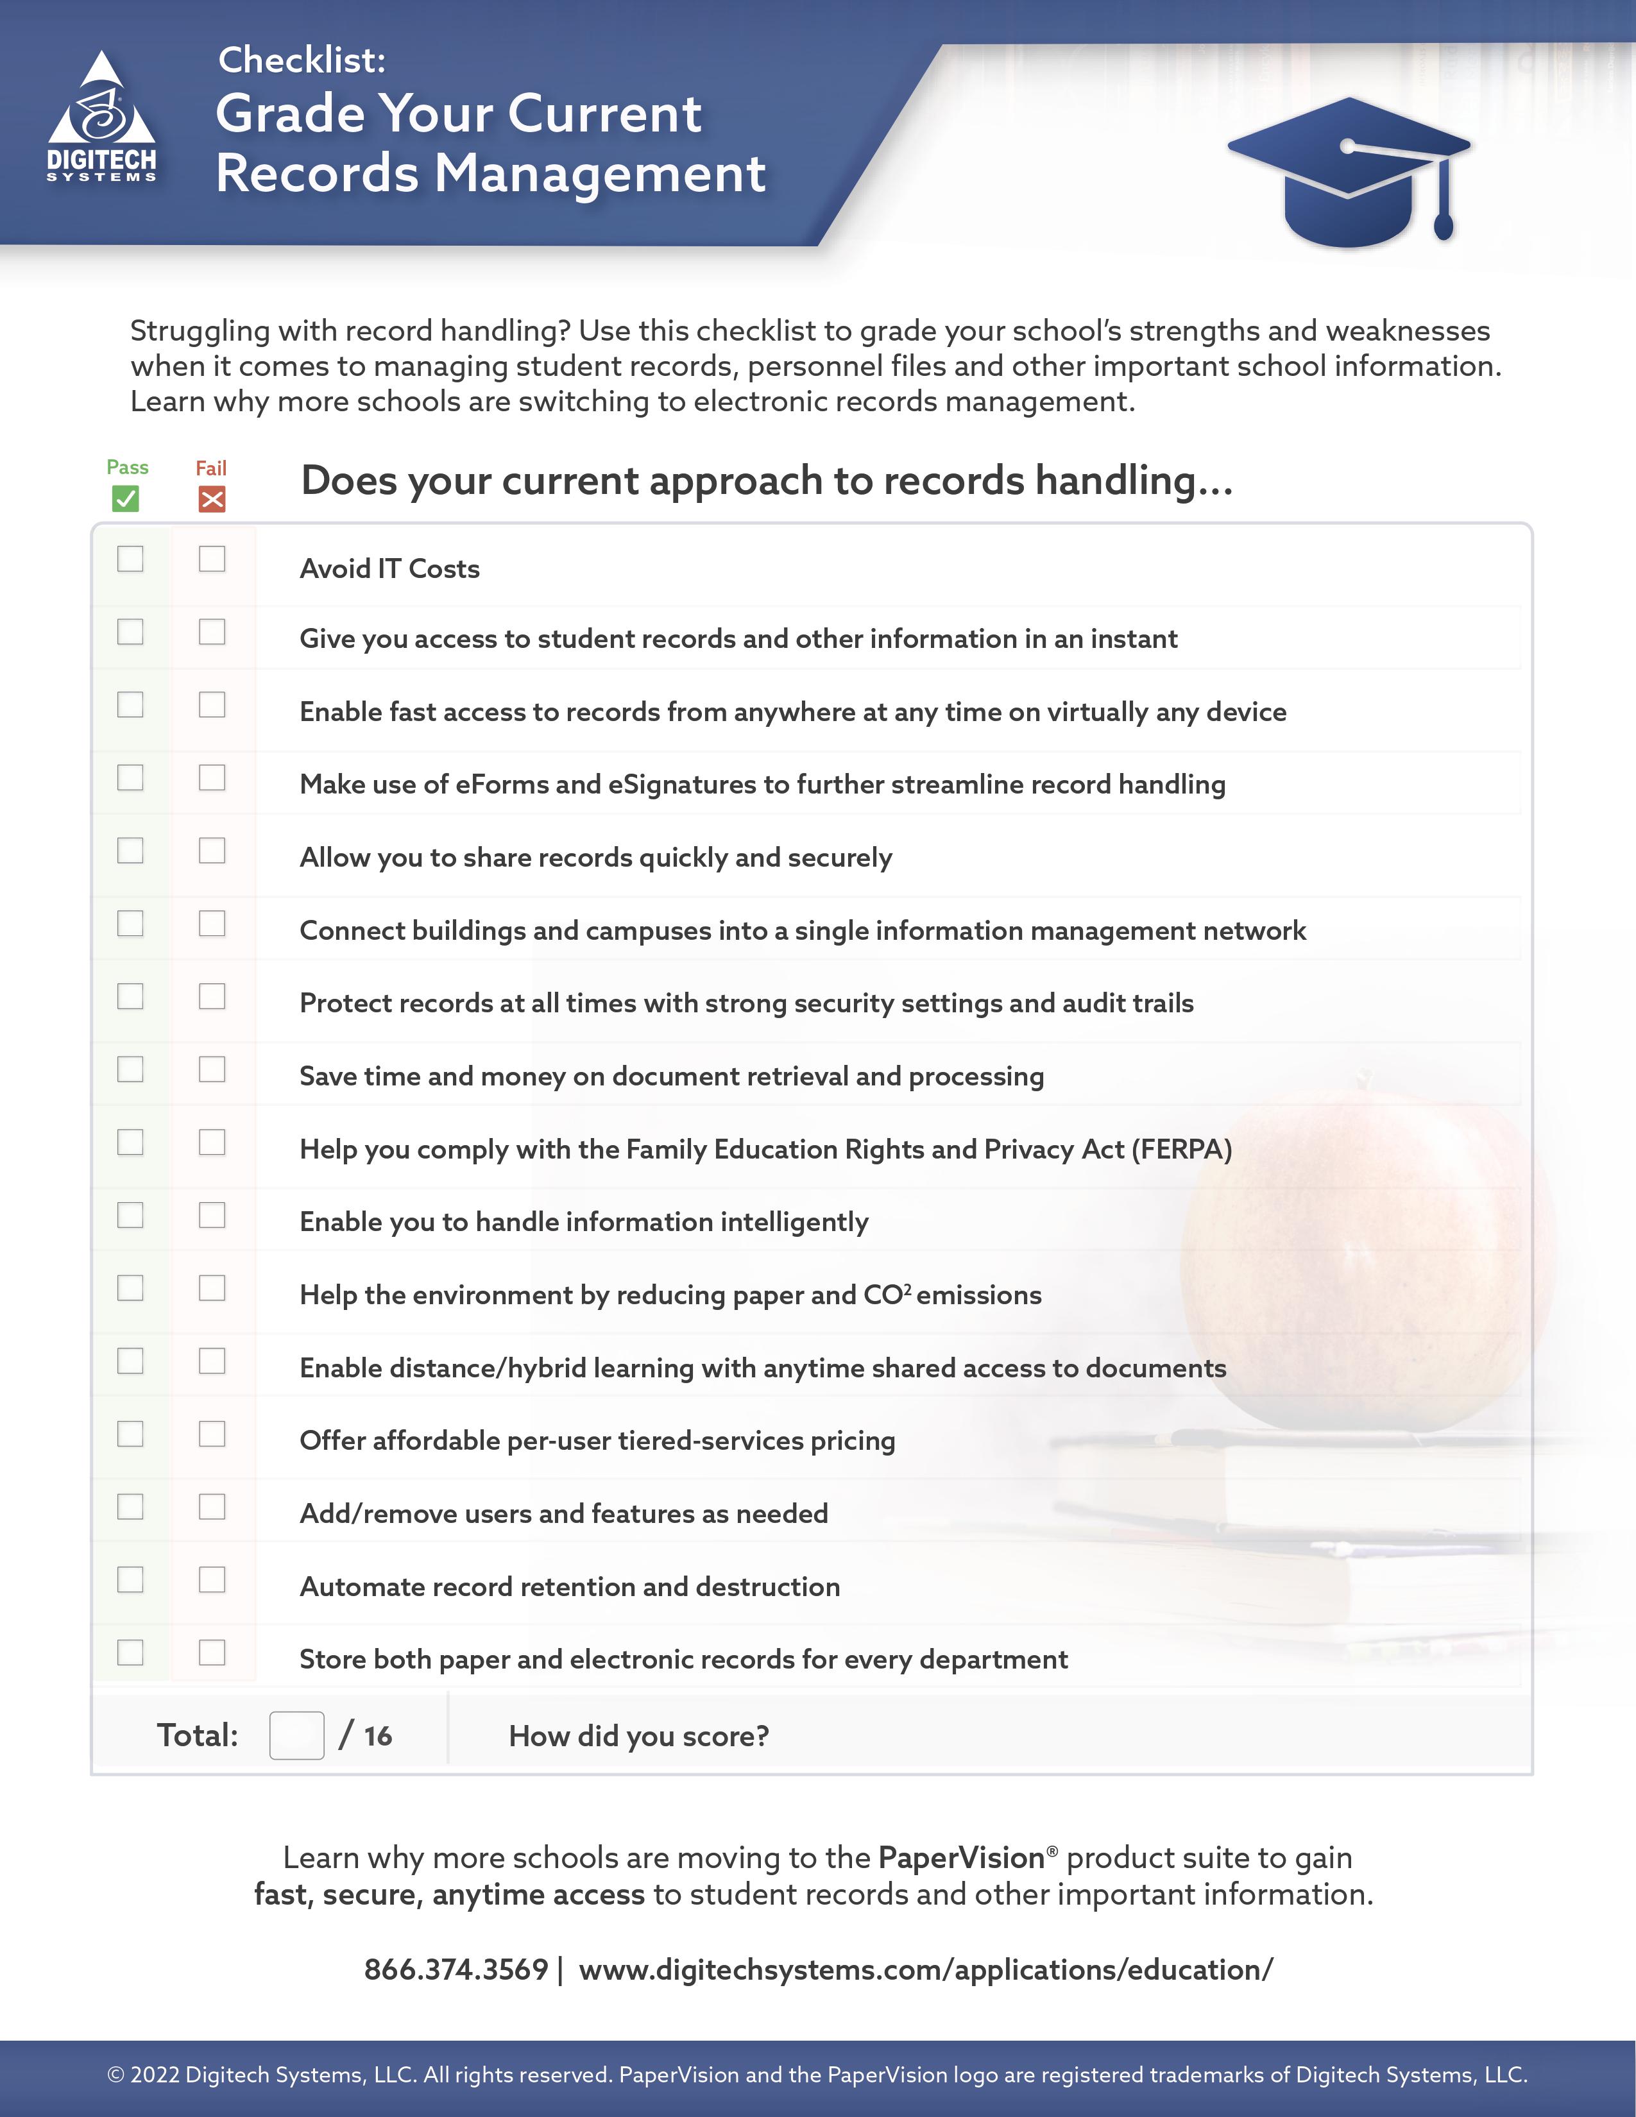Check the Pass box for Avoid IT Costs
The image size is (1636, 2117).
(130, 559)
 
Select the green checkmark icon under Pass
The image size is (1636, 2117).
(126, 499)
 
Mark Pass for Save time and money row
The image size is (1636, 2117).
(130, 1069)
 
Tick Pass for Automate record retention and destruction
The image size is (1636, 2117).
(130, 1580)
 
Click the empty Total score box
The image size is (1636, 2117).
(296, 1735)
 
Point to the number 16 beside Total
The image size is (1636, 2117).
(378, 1736)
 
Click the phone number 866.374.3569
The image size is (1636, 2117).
(456, 1969)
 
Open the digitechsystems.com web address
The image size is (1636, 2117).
(926, 1969)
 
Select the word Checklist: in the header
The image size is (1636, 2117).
(302, 60)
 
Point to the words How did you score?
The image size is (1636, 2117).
(639, 1736)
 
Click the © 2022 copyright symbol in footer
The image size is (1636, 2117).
(115, 2075)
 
